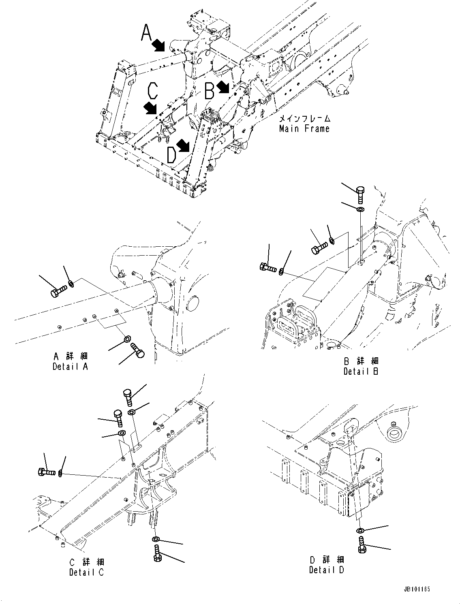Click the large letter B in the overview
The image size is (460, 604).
coord(209,91)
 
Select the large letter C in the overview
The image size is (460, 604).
coord(152,91)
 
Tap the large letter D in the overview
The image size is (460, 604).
coord(171,155)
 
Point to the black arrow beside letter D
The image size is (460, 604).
coord(183,145)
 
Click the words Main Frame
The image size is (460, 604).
coord(304,129)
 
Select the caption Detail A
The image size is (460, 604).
coord(70,366)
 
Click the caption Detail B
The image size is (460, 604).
coord(361,371)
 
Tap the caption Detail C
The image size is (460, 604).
coord(86,572)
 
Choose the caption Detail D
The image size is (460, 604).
coord(326,570)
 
